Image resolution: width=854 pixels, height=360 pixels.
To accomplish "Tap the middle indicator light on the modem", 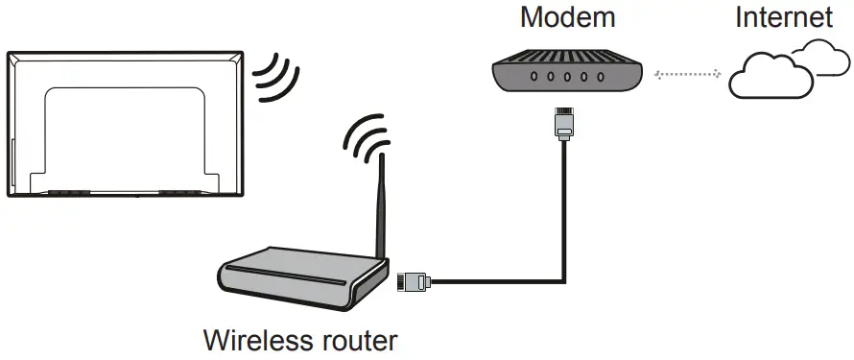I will click(x=562, y=78).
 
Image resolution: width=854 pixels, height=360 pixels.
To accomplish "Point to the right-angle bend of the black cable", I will click(x=561, y=280).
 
